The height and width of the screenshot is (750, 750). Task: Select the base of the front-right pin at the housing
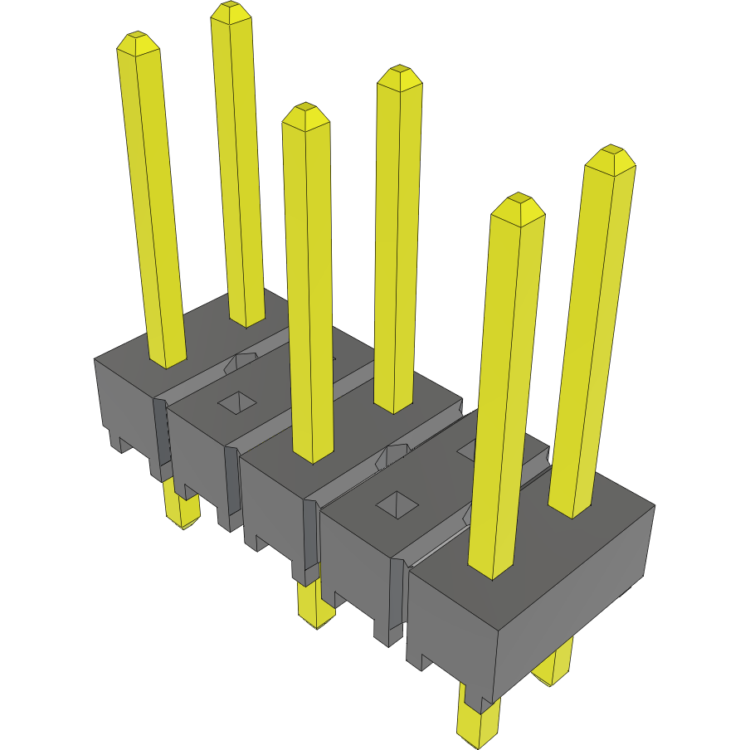[490, 571]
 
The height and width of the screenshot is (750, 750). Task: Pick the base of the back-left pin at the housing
[246, 319]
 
